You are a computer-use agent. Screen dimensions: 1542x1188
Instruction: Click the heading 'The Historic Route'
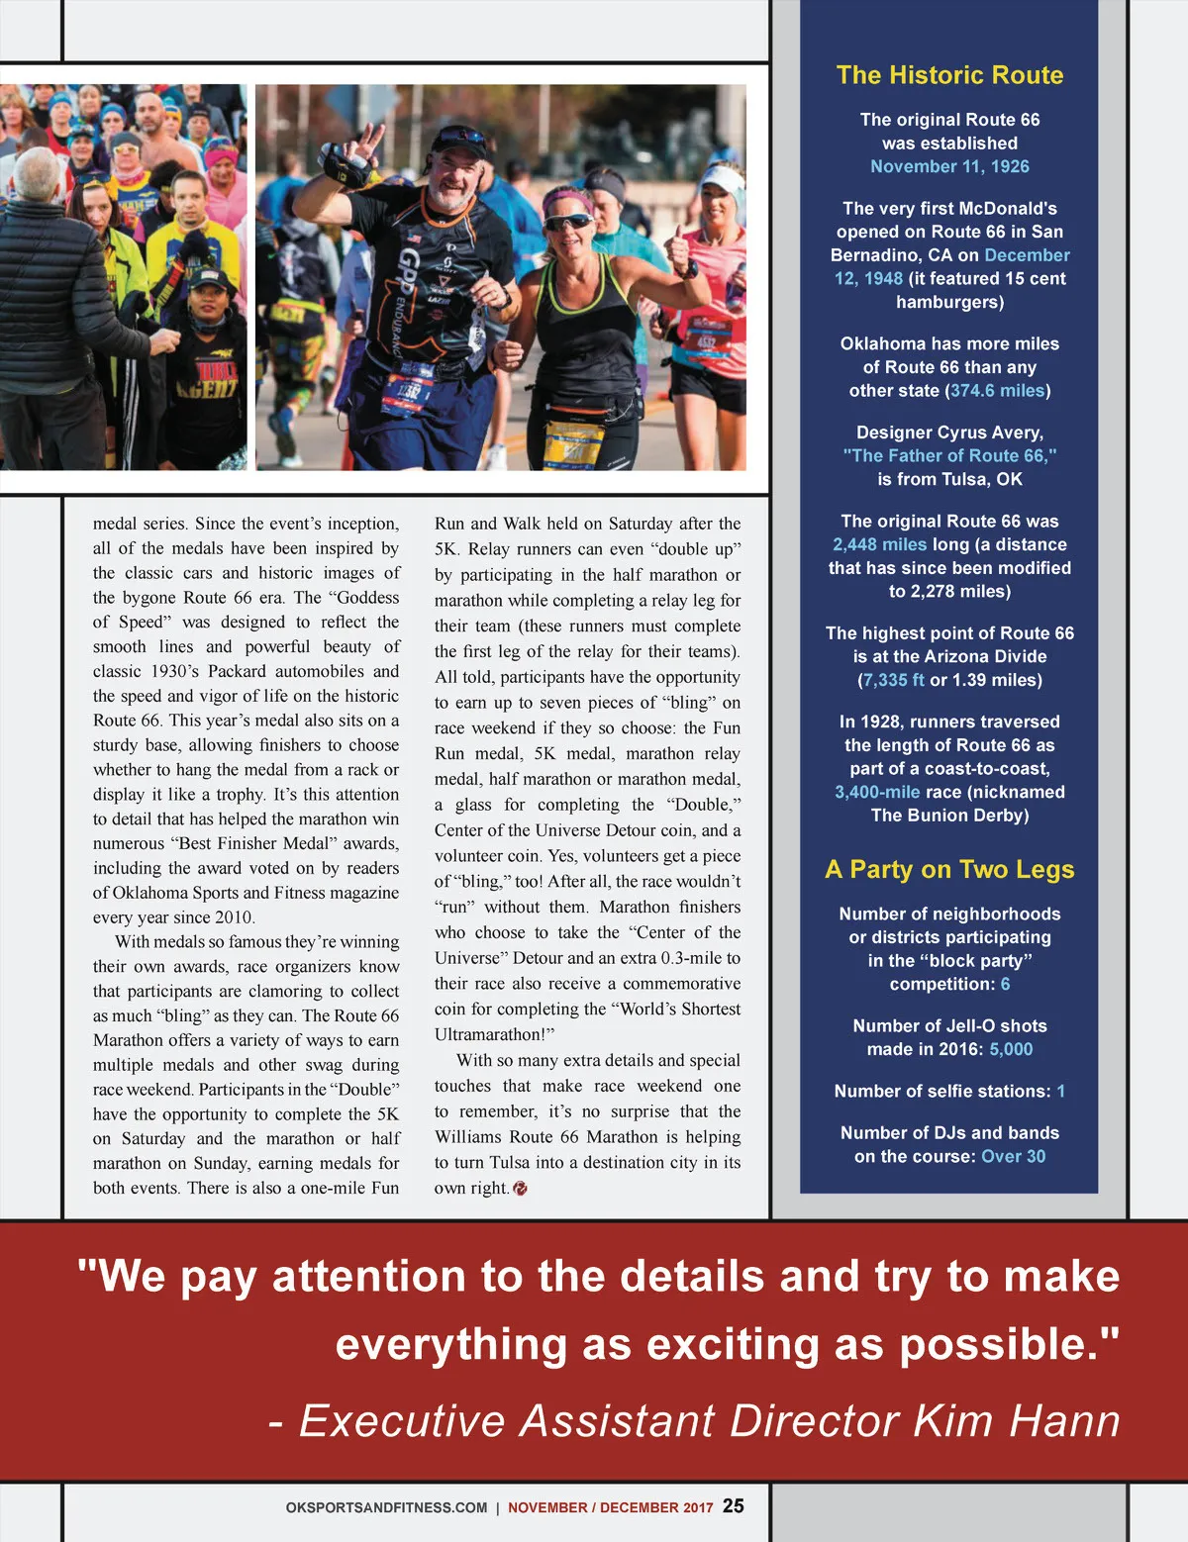949,75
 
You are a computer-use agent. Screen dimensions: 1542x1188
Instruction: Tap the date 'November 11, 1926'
949,166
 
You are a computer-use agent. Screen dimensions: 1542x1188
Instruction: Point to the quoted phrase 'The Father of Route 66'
949,455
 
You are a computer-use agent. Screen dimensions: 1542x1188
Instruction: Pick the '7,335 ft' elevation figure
893,680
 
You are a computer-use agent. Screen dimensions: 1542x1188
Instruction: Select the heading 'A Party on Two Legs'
949,869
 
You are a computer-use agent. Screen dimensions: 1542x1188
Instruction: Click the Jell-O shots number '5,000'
1011,1049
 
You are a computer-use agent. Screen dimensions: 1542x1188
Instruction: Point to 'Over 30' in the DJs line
1013,1156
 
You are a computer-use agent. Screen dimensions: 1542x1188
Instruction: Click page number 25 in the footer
734,1505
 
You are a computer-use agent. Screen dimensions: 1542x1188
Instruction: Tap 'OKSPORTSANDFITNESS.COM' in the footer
386,1507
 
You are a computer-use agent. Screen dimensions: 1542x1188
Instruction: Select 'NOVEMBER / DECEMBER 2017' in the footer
610,1507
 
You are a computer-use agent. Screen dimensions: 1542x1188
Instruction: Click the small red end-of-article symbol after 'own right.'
521,1188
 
